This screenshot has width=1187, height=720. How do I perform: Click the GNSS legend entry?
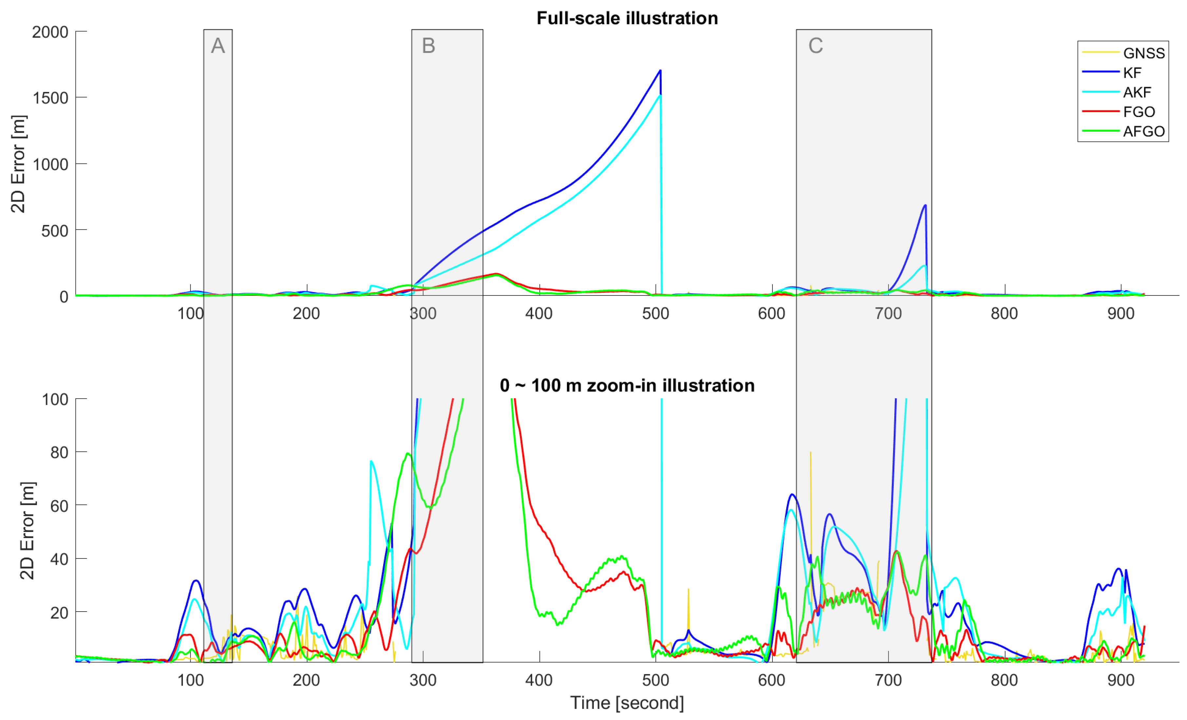[1143, 53]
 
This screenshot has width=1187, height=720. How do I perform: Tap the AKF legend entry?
[1137, 92]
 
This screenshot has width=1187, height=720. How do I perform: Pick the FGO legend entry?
[1139, 112]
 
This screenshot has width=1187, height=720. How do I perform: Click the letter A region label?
[218, 46]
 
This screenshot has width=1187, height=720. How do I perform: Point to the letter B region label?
[428, 46]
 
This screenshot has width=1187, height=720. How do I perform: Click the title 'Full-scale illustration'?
[627, 18]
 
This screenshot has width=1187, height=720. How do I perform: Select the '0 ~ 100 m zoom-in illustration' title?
[627, 385]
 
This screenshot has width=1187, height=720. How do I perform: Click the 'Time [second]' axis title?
[627, 703]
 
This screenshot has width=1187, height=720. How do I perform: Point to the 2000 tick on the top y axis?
[50, 32]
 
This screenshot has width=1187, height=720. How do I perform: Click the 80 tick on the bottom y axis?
[59, 452]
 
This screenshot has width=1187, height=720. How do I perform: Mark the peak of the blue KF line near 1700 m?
[660, 71]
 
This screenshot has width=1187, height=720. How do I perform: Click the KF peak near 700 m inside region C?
[925, 206]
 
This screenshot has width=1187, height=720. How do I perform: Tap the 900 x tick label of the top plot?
[1120, 313]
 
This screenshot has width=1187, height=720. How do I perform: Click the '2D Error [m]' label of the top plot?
[18, 164]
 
